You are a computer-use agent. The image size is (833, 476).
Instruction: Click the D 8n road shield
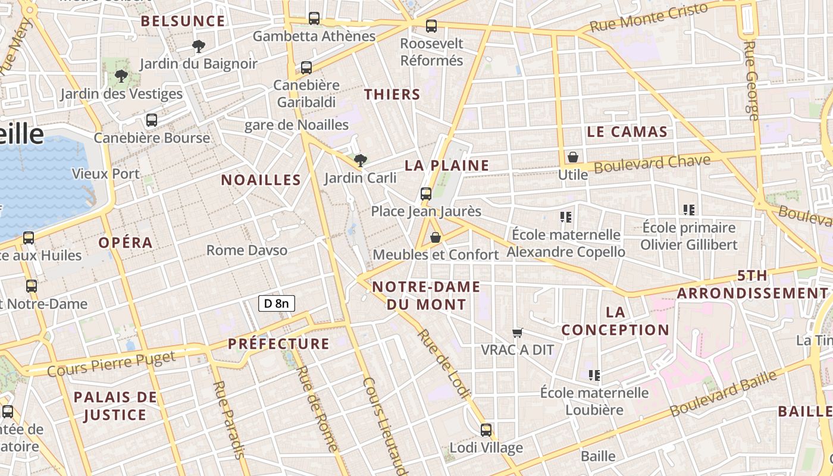[x=277, y=303]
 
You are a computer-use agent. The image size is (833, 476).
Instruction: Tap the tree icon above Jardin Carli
[x=360, y=159]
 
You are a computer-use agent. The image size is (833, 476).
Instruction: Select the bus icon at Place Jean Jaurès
[x=426, y=193]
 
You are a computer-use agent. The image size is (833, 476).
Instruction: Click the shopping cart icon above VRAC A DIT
[x=517, y=333]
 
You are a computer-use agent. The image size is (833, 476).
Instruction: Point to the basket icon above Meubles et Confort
[x=436, y=237]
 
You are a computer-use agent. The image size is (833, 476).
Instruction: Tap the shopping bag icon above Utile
[x=573, y=157]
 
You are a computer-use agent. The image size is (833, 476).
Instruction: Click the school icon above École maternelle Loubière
[x=594, y=375]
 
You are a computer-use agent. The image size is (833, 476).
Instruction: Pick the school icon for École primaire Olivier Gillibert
[x=689, y=209]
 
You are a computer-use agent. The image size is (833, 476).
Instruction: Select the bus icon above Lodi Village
[x=486, y=430]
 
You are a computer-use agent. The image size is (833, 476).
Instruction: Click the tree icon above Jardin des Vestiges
[x=121, y=76]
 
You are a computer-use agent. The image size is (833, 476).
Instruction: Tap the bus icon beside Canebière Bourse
[x=152, y=120]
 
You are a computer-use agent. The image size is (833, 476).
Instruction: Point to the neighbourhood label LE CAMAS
[x=627, y=132]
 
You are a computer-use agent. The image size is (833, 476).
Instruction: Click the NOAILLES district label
[x=261, y=180]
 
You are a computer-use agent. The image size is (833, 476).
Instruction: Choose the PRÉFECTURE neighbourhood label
[x=278, y=344]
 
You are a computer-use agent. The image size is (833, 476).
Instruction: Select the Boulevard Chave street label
[x=652, y=164]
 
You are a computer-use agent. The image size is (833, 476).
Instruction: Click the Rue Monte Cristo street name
[x=649, y=17]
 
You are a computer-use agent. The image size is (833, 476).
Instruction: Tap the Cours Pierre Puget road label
[x=111, y=364]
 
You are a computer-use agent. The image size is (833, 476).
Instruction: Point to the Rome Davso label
[x=247, y=250]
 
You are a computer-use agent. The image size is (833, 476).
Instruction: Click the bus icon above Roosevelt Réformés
[x=431, y=26]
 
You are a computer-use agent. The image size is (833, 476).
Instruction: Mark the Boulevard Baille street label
[x=724, y=393]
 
